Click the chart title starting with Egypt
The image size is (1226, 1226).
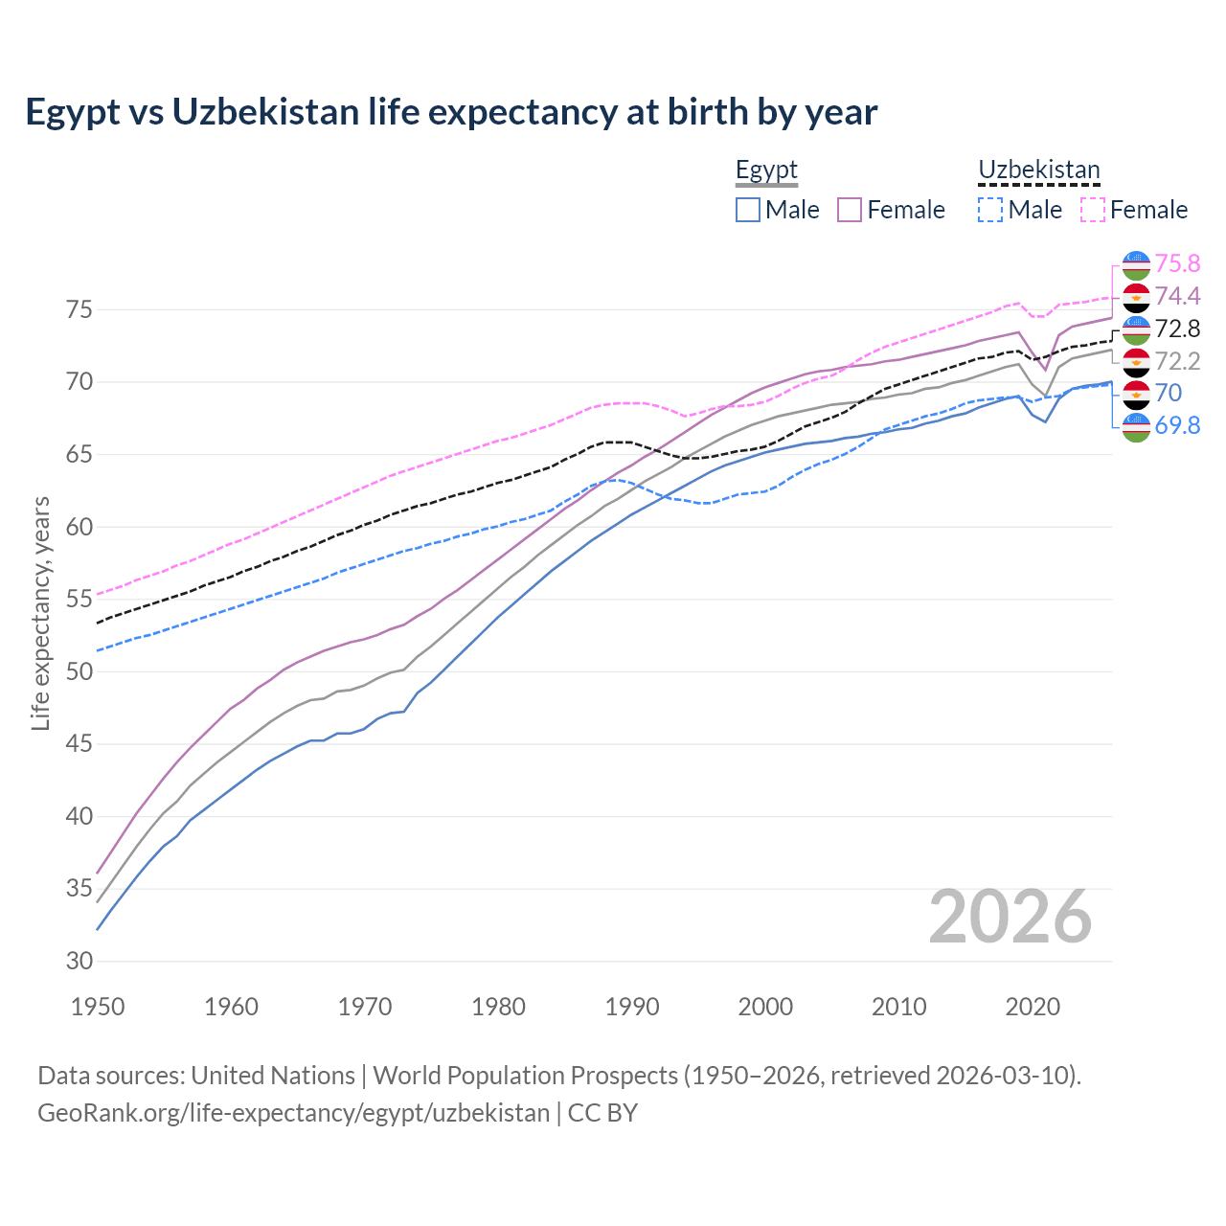(x=451, y=112)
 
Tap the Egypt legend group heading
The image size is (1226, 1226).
(x=766, y=170)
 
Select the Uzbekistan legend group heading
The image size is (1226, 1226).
(x=1038, y=170)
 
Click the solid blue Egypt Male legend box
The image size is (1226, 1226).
(x=748, y=210)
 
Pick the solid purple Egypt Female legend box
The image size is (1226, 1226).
(x=850, y=210)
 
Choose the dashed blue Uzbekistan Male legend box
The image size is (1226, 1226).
(x=990, y=210)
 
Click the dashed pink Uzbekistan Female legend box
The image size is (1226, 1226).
(x=1093, y=210)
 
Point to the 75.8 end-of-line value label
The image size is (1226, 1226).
(x=1177, y=264)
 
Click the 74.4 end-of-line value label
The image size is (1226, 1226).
(x=1177, y=297)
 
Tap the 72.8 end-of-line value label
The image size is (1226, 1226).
(x=1177, y=329)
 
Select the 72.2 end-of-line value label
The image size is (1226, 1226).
(x=1177, y=362)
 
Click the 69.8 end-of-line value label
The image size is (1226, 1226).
(x=1177, y=426)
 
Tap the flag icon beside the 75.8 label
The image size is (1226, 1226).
(x=1136, y=265)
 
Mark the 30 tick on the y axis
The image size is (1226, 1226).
(x=79, y=962)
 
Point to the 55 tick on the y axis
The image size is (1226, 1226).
(x=79, y=600)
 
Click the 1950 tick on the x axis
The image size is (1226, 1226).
(x=98, y=1007)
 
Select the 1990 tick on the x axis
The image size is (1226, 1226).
(x=632, y=1007)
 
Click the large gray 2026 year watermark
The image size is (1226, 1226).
(x=1010, y=917)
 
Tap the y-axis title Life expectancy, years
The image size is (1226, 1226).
(x=41, y=613)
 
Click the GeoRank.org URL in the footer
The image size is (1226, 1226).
(x=293, y=1113)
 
